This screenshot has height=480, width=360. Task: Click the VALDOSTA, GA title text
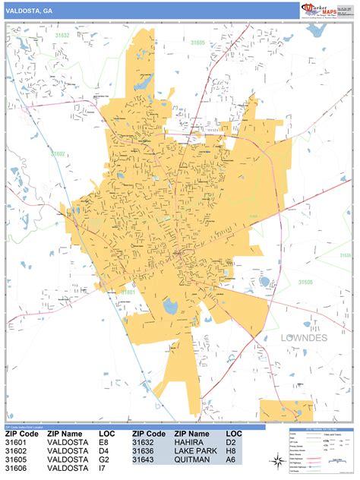coord(29,11)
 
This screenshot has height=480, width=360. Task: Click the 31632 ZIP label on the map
coord(62,36)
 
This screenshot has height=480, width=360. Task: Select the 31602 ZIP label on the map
coord(59,153)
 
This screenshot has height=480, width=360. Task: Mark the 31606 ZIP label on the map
coord(306,282)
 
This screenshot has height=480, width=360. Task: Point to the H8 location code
coord(230,450)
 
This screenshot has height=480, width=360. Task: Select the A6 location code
coord(230,459)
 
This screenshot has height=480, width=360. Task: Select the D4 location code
coord(106,450)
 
